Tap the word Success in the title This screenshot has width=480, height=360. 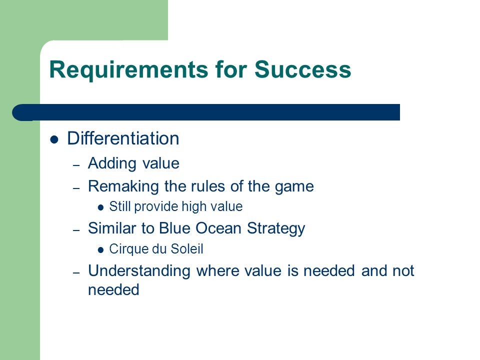(x=303, y=69)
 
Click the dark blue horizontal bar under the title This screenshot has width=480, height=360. (x=206, y=112)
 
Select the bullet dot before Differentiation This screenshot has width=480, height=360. (x=54, y=139)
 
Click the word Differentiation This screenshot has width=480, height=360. (x=123, y=138)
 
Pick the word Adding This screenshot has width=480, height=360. (x=112, y=163)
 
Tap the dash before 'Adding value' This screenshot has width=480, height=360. (x=76, y=165)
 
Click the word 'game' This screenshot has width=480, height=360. (x=294, y=187)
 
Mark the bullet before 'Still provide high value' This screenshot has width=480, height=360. (x=100, y=208)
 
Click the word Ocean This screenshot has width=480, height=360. (x=218, y=228)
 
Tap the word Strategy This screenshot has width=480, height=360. (x=276, y=229)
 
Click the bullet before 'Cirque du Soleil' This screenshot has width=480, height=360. (x=100, y=250)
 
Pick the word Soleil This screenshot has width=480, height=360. (x=186, y=248)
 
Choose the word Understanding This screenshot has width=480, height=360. (x=139, y=271)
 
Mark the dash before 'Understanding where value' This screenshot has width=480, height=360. (x=76, y=272)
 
